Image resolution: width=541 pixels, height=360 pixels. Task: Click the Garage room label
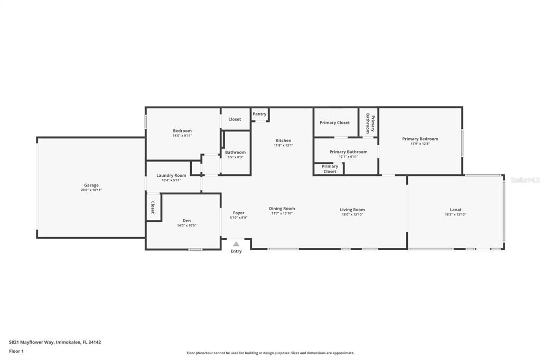point(91,185)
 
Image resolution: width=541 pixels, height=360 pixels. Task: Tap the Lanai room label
point(455,210)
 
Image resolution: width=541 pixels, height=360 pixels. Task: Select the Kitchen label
point(283,140)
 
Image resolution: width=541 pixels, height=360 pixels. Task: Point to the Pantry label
point(259,114)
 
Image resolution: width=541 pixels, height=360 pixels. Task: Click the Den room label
point(186,221)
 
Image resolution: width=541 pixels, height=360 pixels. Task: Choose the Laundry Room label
point(171,175)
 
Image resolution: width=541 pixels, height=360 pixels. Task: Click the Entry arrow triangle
point(236,244)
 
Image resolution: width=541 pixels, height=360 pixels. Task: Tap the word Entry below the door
point(236,251)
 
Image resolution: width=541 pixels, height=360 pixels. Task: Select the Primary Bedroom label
point(420,139)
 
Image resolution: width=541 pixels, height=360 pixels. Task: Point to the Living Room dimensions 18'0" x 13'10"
point(352,214)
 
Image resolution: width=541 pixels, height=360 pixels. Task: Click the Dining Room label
point(282,209)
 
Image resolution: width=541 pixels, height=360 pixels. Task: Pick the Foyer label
point(239,213)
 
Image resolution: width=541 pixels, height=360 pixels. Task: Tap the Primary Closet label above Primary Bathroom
point(335,122)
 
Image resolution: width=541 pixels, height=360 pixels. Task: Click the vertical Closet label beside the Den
point(153,207)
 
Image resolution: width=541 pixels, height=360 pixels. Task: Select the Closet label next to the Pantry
point(235,119)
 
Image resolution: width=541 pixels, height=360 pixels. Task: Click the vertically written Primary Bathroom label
point(370,123)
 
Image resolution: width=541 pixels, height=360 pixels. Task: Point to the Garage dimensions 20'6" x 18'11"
point(91,190)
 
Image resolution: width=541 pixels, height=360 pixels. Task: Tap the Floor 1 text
point(16,351)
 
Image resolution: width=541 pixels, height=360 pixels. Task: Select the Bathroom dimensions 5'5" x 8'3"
point(236,157)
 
